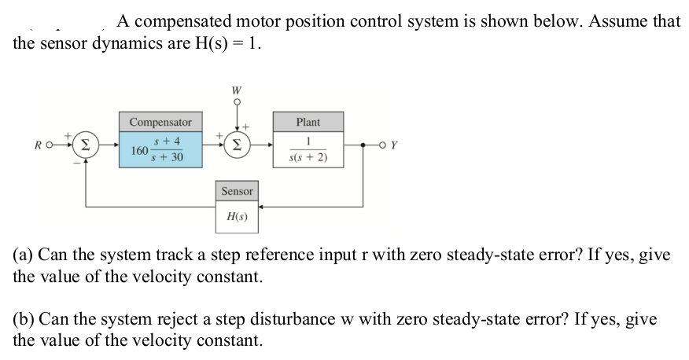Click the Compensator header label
coord(160,122)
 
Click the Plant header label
coord(308,122)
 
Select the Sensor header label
coord(237,191)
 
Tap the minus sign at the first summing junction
coord(76,163)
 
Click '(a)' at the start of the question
coord(23,255)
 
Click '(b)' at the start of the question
coord(23,320)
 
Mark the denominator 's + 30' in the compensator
coord(166,158)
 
